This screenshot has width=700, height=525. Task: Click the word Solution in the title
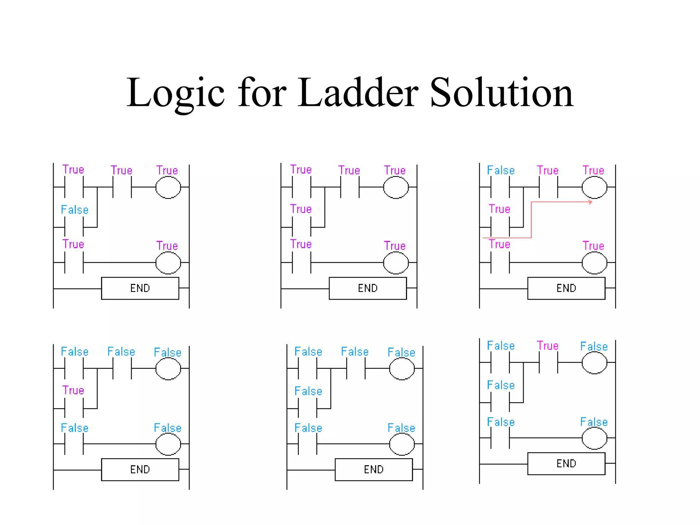click(501, 93)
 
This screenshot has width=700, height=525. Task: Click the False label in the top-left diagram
click(75, 210)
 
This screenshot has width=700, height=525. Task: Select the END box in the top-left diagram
click(140, 288)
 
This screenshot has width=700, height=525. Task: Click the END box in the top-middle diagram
click(368, 288)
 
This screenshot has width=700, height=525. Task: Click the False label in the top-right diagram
click(501, 170)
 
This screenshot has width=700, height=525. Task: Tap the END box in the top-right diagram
click(566, 288)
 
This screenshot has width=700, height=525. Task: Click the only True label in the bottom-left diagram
click(73, 390)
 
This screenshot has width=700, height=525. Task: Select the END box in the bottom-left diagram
click(140, 469)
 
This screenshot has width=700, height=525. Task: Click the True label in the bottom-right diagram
click(548, 346)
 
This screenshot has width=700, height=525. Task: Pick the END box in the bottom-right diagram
click(566, 463)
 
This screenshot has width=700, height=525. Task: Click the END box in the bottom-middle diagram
click(374, 469)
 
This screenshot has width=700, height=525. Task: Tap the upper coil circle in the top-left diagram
click(168, 187)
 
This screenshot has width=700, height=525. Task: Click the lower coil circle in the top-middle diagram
click(396, 262)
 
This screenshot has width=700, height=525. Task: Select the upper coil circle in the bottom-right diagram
click(594, 363)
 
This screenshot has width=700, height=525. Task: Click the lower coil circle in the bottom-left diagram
click(168, 444)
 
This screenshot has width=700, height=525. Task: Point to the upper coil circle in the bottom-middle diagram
click(402, 369)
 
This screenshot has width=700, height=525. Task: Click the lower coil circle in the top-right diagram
click(594, 262)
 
